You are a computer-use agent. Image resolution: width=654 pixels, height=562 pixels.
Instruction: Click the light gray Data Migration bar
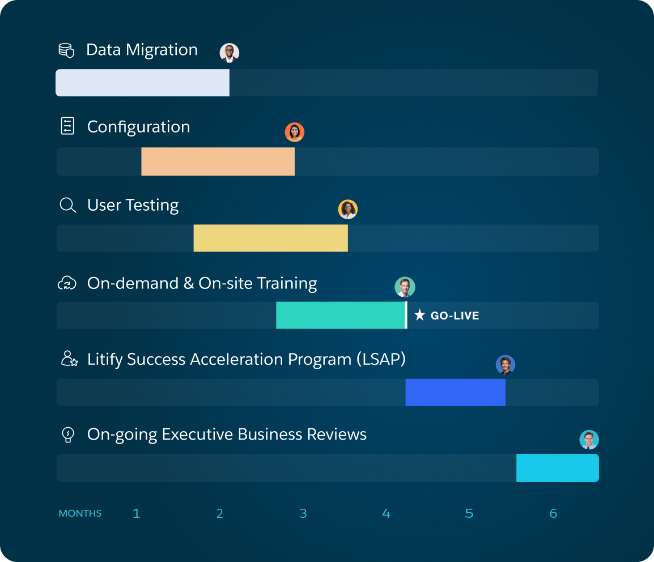click(142, 83)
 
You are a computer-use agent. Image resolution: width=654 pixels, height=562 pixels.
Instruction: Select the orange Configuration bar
click(218, 161)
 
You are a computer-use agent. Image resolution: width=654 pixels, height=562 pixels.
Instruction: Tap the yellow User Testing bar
click(270, 238)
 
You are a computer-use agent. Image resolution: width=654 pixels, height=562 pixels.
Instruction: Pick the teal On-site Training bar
click(341, 315)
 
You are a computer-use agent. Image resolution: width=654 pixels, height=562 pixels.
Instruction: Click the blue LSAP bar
click(455, 392)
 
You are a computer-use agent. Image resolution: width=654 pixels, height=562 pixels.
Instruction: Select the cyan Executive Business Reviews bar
click(557, 468)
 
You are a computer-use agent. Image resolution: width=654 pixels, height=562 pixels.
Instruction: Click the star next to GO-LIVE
click(419, 315)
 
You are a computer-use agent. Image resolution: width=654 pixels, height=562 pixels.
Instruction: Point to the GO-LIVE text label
click(455, 316)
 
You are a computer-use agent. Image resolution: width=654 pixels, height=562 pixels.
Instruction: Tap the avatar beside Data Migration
click(230, 53)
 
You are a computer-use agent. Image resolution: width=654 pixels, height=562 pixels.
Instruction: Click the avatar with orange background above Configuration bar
click(295, 132)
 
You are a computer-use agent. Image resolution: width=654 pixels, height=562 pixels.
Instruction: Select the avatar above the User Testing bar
click(348, 209)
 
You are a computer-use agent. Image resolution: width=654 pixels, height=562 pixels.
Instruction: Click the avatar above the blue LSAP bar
click(505, 365)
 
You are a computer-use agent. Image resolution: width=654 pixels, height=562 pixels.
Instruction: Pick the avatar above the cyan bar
click(589, 440)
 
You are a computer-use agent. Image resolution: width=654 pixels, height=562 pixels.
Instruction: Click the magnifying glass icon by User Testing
click(67, 205)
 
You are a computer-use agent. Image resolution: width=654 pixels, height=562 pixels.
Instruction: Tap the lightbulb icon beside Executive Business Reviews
click(67, 435)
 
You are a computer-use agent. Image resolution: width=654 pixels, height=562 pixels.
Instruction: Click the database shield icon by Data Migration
click(66, 50)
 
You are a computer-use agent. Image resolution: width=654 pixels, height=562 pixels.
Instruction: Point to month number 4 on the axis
click(386, 513)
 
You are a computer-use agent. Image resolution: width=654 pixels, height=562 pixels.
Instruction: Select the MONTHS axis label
click(80, 513)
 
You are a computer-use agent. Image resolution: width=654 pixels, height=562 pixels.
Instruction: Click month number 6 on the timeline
click(553, 513)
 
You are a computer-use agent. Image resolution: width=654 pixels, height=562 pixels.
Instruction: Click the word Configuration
click(138, 127)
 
